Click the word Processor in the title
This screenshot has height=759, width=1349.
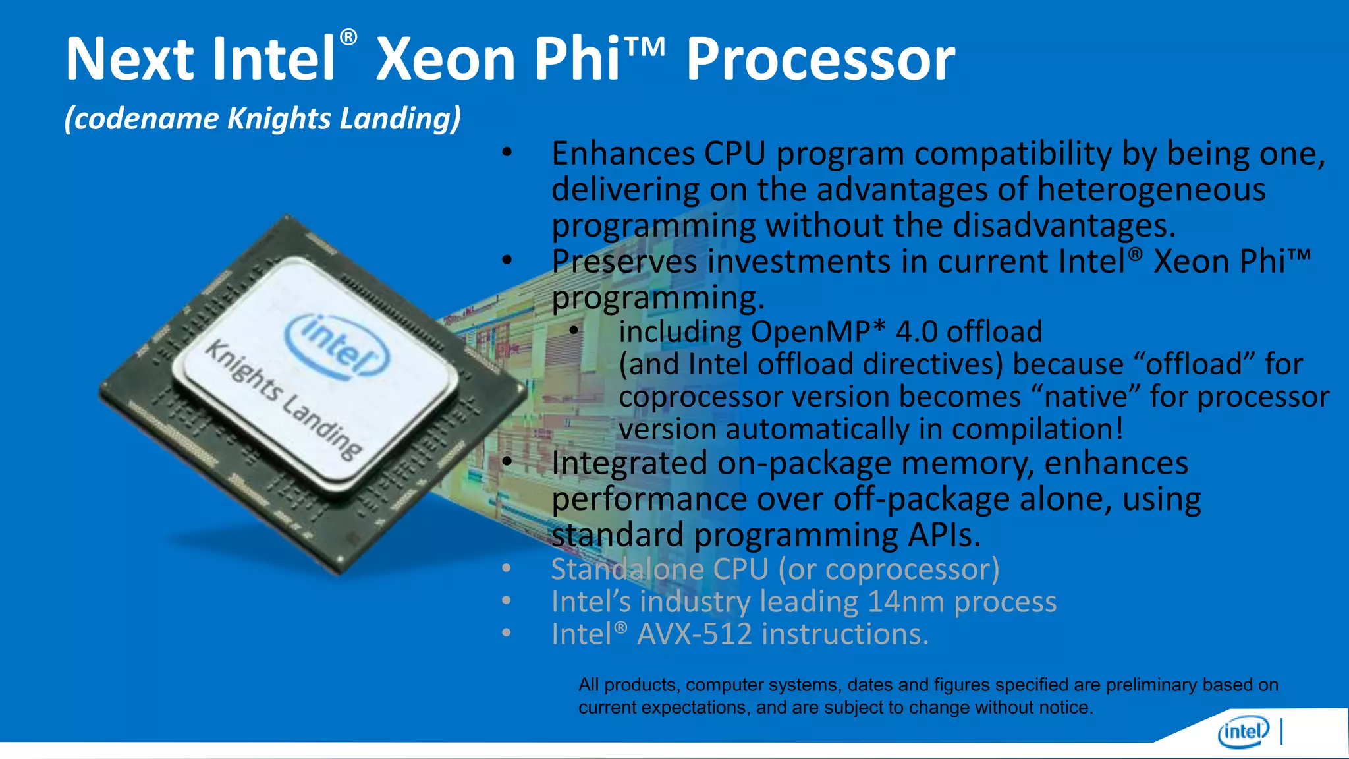point(820,61)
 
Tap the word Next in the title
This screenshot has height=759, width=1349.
point(129,61)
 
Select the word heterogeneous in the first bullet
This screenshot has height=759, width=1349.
point(1151,190)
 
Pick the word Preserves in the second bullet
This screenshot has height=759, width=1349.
point(624,262)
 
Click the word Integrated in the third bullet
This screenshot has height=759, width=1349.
point(629,463)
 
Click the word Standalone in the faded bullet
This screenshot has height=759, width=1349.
point(627,569)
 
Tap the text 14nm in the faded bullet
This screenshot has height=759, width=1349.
point(906,602)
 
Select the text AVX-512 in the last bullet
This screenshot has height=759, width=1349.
point(694,634)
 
